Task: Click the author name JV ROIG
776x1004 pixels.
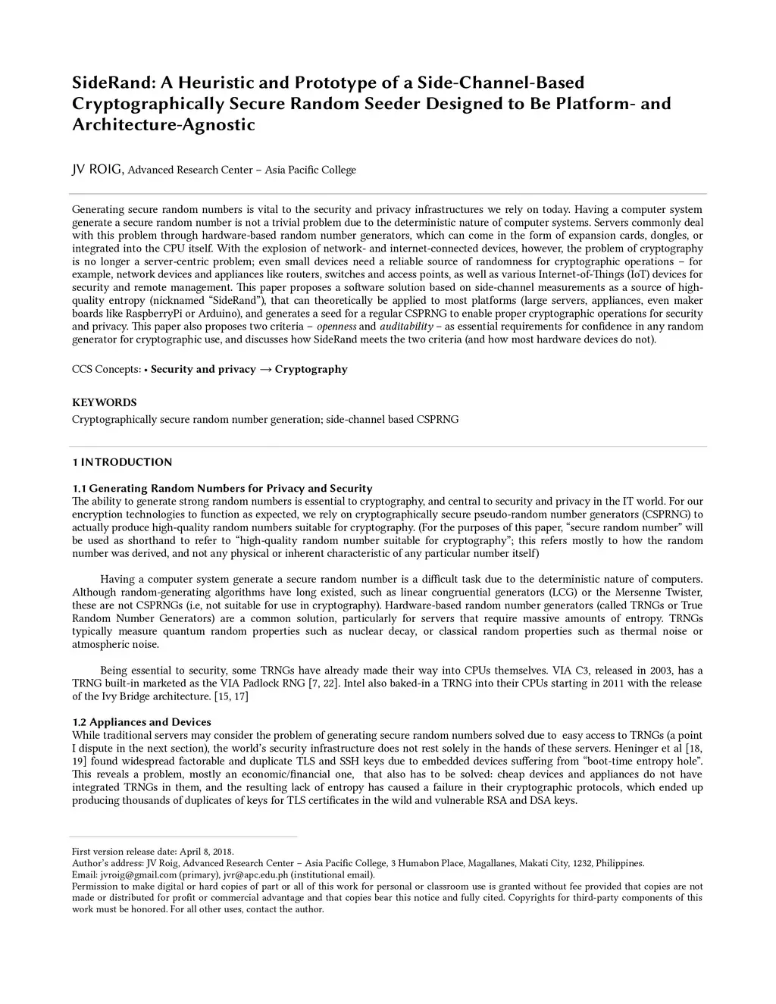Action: [97, 170]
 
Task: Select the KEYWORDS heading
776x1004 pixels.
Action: [104, 402]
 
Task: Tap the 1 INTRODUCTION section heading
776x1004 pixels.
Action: [122, 462]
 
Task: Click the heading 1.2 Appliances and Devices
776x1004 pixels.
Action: [142, 722]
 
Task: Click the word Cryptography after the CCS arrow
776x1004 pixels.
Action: [311, 370]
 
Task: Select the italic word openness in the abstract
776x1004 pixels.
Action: [336, 327]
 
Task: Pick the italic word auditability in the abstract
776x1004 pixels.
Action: [406, 327]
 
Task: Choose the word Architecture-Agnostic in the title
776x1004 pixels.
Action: [164, 124]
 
